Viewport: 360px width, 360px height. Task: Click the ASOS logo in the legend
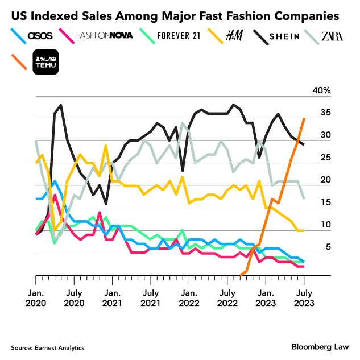pos(40,35)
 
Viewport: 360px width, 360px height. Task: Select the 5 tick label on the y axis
pos(326,247)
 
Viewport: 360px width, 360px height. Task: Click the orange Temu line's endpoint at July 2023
pos(304,118)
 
